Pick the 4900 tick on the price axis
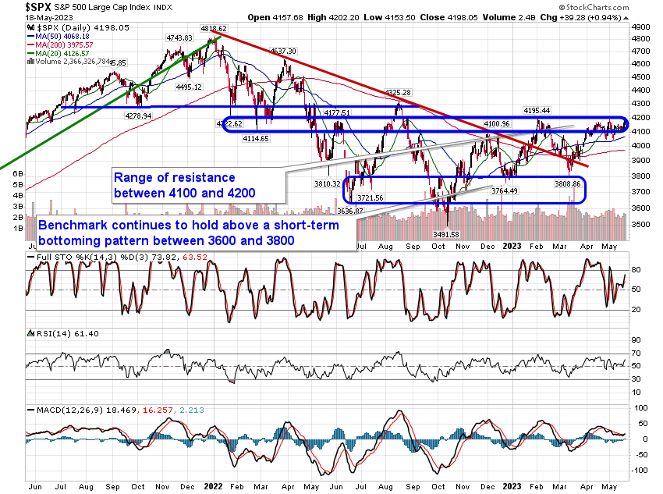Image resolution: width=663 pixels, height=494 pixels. point(640,26)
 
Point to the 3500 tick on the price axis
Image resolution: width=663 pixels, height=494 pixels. point(640,224)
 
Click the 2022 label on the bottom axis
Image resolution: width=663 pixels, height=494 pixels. point(212,485)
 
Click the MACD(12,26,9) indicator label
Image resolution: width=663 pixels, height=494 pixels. point(63,409)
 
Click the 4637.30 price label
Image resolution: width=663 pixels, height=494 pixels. point(283,51)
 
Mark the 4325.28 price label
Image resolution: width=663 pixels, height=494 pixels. point(400,94)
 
